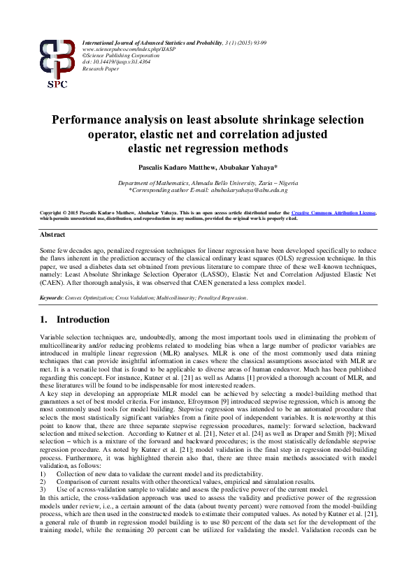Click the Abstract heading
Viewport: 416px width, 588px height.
point(52,235)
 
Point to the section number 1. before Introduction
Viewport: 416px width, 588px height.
point(43,320)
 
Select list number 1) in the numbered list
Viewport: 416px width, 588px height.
point(43,474)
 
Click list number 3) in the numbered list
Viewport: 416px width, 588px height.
point(43,490)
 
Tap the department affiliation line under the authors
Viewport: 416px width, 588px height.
point(208,182)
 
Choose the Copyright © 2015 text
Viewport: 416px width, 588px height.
point(63,212)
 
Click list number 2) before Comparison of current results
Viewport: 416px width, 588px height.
point(43,482)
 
